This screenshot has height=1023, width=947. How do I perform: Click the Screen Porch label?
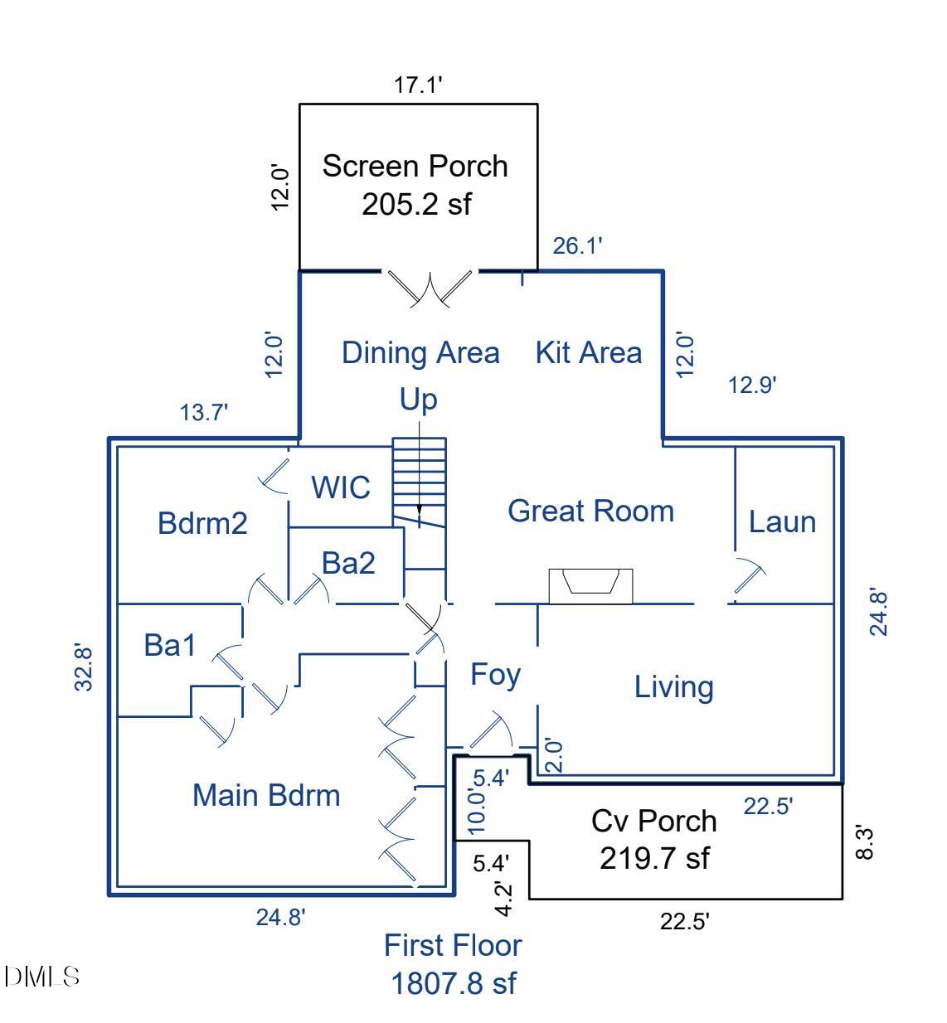pyautogui.click(x=415, y=166)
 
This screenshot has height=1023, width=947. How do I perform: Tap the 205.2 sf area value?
pyautogui.click(x=416, y=203)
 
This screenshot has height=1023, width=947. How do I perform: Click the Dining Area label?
pyautogui.click(x=420, y=353)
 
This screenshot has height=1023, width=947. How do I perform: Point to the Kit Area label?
pyautogui.click(x=588, y=352)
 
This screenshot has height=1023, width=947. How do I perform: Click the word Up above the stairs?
pyautogui.click(x=418, y=400)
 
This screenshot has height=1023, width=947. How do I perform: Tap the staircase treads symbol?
pyautogui.click(x=419, y=481)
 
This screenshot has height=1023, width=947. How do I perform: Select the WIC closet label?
pyautogui.click(x=340, y=487)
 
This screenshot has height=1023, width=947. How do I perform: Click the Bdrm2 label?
pyautogui.click(x=202, y=523)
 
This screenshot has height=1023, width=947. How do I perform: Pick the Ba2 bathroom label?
pyautogui.click(x=348, y=564)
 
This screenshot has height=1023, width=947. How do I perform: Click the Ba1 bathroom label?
pyautogui.click(x=170, y=644)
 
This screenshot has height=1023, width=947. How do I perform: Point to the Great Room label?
pyautogui.click(x=590, y=511)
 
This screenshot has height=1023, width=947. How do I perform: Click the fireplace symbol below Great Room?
pyautogui.click(x=590, y=584)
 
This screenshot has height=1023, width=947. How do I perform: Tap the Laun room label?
pyautogui.click(x=782, y=521)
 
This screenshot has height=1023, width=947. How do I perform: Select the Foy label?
pyautogui.click(x=495, y=674)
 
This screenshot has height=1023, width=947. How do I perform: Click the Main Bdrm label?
pyautogui.click(x=266, y=795)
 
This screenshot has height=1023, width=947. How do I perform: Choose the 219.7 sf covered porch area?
pyautogui.click(x=654, y=857)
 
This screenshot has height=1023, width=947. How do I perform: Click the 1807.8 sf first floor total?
pyautogui.click(x=453, y=983)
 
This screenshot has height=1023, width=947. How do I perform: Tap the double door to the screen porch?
pyautogui.click(x=431, y=286)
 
